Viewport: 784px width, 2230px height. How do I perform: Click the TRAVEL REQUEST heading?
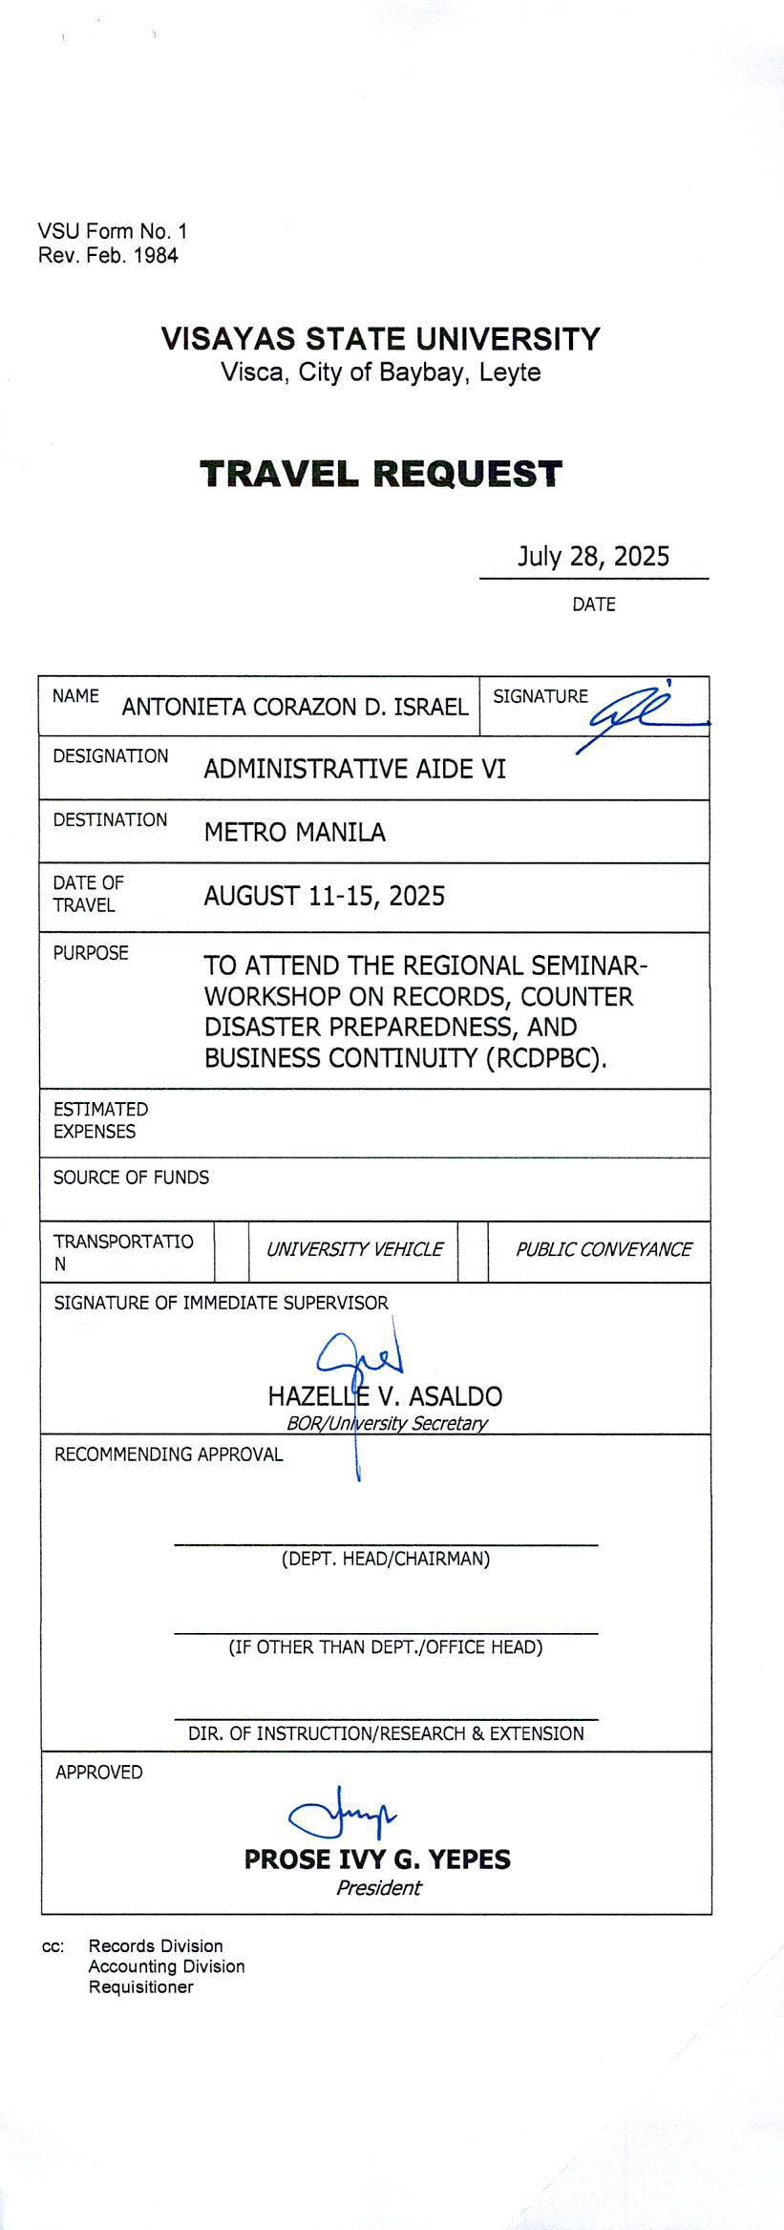click(x=381, y=474)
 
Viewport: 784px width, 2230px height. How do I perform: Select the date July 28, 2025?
click(x=593, y=556)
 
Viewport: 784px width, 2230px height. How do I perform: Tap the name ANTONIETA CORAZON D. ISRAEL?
click(x=295, y=707)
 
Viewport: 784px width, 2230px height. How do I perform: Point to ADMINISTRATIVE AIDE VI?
click(x=354, y=769)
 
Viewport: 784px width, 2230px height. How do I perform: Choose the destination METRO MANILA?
click(x=294, y=833)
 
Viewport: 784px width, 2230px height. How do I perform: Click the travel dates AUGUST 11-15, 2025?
click(x=324, y=896)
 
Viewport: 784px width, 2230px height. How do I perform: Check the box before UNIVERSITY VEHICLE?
click(x=231, y=1251)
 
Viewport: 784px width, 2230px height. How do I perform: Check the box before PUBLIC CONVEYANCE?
click(x=473, y=1251)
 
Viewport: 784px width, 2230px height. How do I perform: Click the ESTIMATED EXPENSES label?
click(x=100, y=1120)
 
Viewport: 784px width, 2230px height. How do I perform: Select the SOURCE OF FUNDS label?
click(x=131, y=1178)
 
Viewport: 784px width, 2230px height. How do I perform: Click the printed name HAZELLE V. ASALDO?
click(x=385, y=1396)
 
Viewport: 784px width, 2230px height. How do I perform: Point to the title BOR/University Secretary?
click(x=387, y=1423)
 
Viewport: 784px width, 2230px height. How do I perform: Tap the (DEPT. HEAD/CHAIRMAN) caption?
click(x=385, y=1559)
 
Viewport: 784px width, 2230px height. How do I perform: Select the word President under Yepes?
click(x=378, y=1887)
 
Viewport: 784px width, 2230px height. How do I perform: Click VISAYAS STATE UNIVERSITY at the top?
click(x=380, y=339)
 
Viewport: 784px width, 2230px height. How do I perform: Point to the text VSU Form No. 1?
click(x=113, y=231)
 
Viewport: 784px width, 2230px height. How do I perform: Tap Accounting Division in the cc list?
click(x=166, y=1966)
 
